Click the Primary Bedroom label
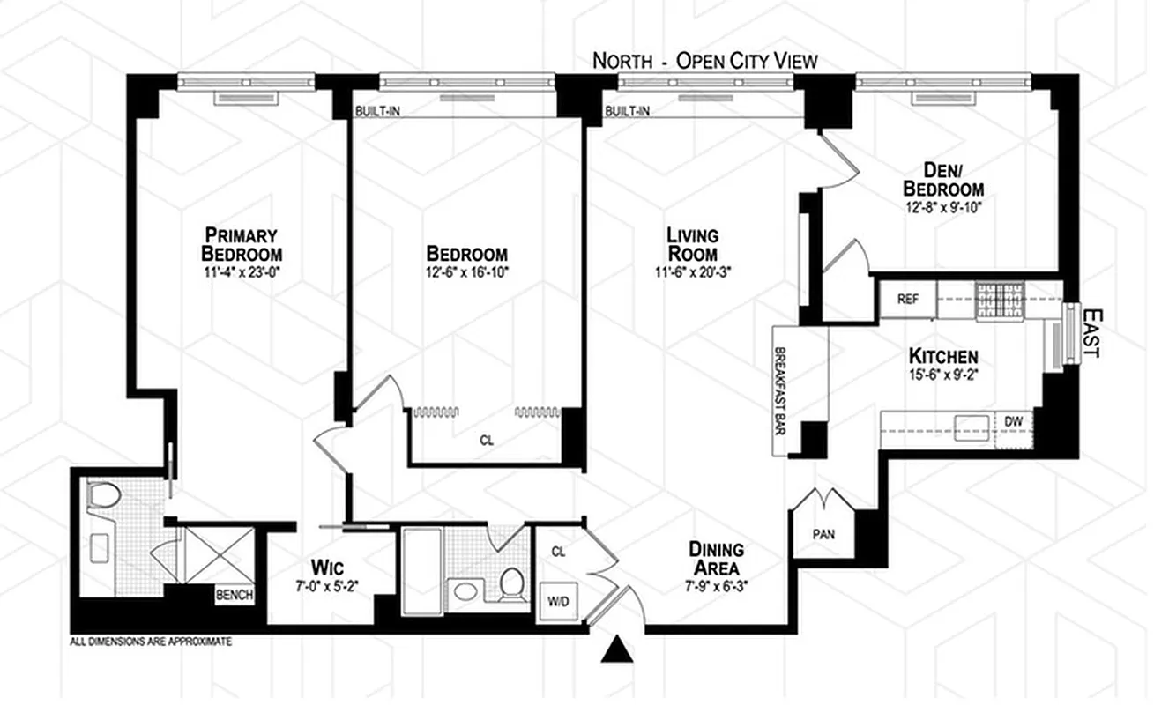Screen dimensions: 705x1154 pos(242,244)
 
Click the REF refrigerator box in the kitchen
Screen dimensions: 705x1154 pos(907,299)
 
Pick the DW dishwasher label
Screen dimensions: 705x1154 pos(1014,421)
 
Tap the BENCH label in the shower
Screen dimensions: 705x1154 pos(235,595)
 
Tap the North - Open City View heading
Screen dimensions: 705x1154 pos(704,61)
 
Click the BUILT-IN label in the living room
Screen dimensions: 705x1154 pos(627,111)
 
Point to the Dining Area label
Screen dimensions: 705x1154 pos(716,559)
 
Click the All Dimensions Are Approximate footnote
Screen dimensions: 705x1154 pos(151,642)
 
